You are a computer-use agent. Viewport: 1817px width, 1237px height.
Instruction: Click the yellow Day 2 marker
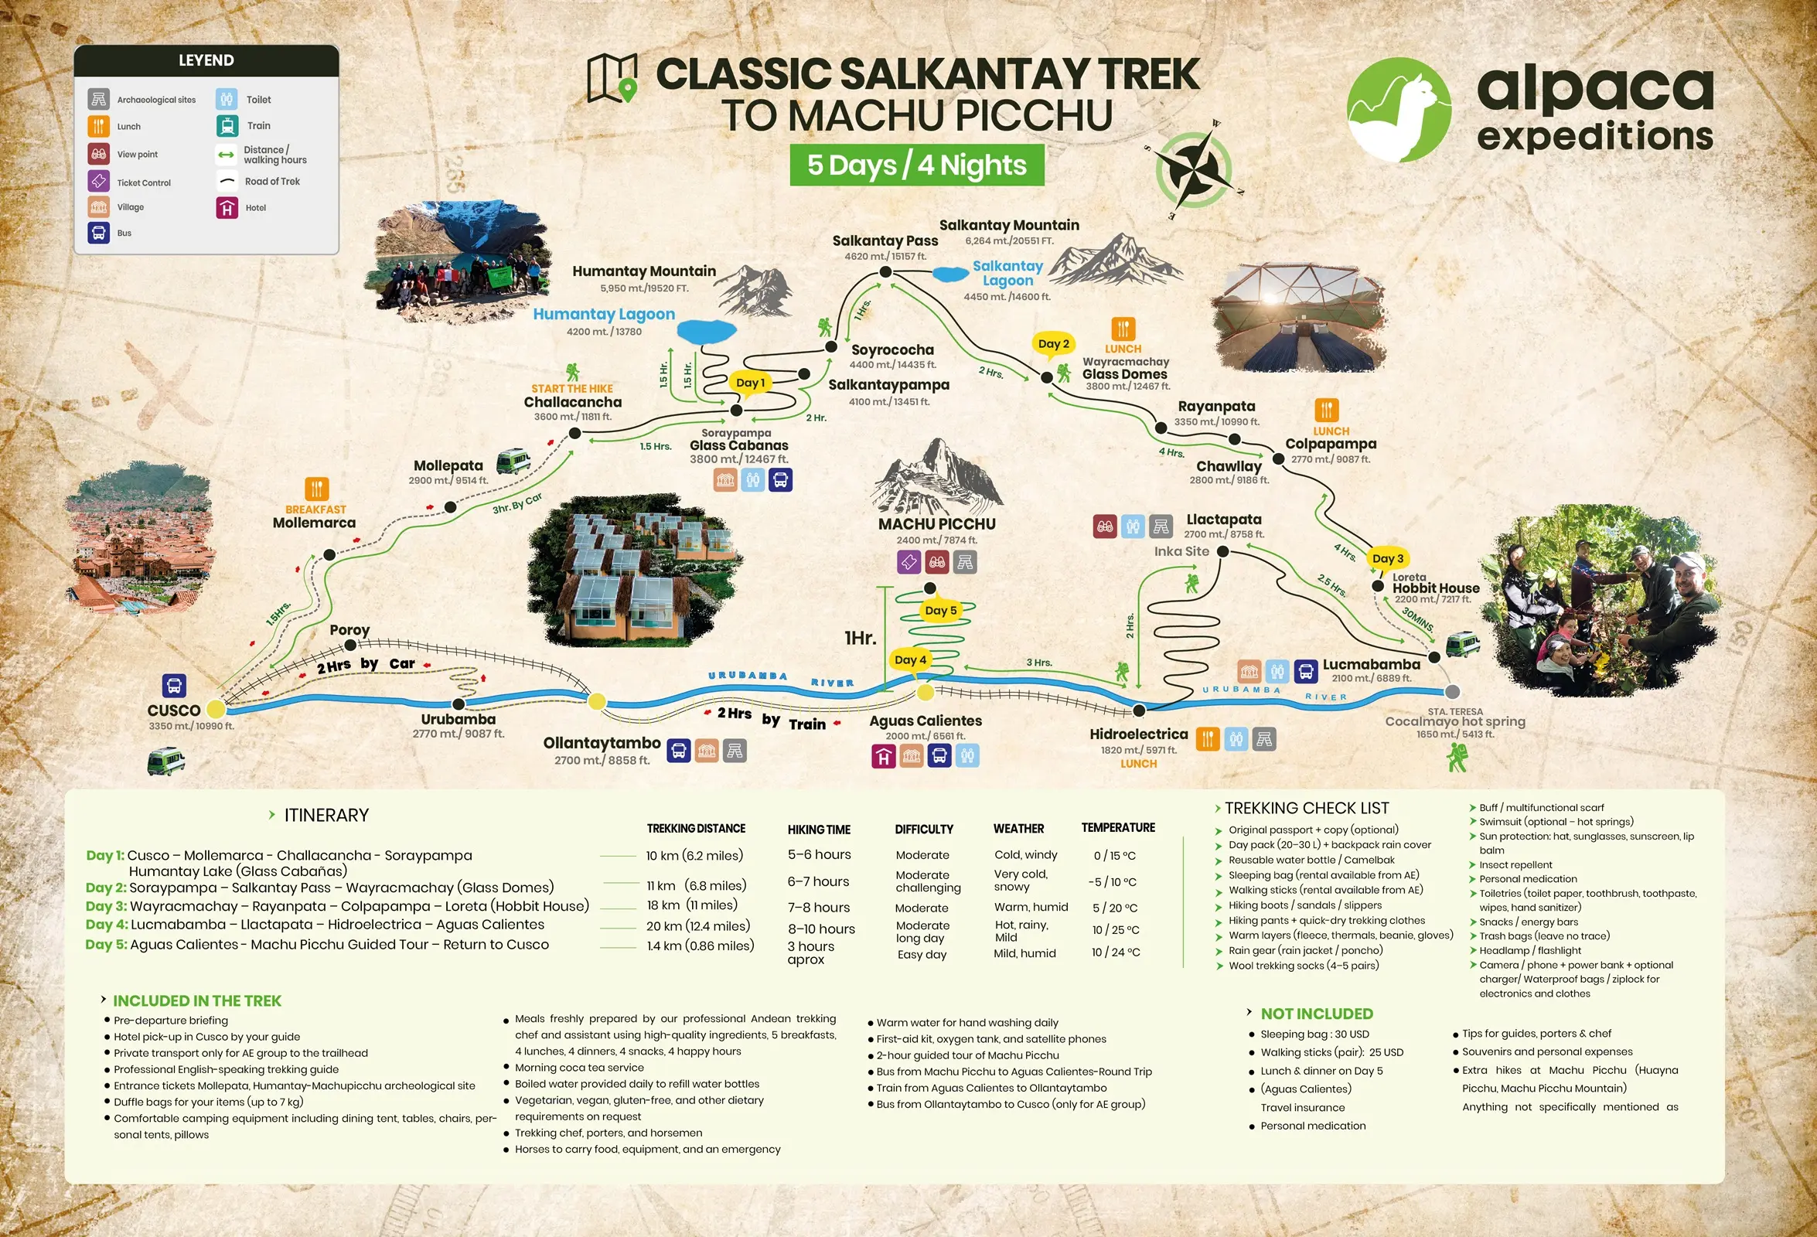point(1053,344)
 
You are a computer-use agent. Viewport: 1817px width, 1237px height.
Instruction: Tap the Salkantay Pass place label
point(885,241)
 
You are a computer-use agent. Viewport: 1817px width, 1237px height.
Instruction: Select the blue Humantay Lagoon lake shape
point(706,332)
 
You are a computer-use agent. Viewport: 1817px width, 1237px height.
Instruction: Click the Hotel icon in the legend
point(227,208)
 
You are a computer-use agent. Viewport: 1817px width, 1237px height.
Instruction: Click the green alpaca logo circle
point(1399,110)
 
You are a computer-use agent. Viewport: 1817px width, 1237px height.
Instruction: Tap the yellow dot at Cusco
point(216,709)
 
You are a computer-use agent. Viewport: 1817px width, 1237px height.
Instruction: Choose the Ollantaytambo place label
point(602,743)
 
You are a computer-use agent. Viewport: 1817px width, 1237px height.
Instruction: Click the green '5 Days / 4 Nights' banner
point(916,165)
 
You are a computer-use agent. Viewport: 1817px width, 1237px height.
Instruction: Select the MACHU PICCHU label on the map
point(936,524)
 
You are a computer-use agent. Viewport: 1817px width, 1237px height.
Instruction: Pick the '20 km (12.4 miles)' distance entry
point(697,925)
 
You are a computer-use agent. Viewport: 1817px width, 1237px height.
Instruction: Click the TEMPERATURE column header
point(1117,827)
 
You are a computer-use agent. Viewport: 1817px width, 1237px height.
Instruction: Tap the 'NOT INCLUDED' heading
point(1316,1014)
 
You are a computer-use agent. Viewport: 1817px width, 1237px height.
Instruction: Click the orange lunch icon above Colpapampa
point(1327,410)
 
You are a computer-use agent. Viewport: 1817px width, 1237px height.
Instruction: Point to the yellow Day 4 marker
point(910,660)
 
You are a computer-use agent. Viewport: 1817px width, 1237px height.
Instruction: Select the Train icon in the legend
point(227,126)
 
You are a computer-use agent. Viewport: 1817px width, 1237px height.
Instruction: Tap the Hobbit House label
point(1436,588)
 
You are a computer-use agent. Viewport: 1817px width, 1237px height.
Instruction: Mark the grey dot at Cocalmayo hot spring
point(1452,691)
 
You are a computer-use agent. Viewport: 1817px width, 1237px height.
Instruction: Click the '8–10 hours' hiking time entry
point(821,929)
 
